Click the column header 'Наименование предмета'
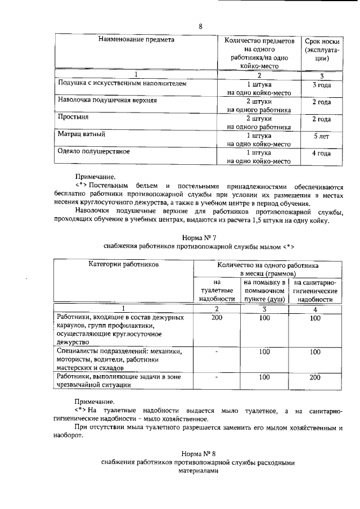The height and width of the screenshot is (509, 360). [x=136, y=40]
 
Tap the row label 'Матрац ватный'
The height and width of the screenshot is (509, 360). [x=83, y=135]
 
